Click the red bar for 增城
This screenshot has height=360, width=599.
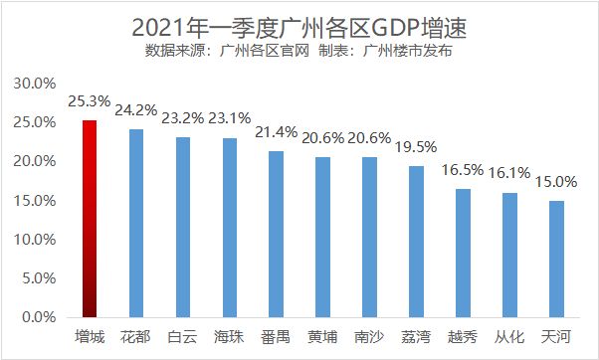tap(89, 219)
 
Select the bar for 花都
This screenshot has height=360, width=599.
tap(135, 224)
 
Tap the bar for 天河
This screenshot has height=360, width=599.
tap(557, 260)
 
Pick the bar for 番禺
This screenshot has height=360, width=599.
tap(276, 235)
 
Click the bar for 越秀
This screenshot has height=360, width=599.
tap(463, 254)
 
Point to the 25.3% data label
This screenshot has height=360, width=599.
tap(89, 101)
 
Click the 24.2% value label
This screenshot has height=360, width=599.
tap(136, 109)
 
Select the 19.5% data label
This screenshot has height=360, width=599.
tap(417, 146)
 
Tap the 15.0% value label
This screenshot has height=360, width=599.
tap(557, 182)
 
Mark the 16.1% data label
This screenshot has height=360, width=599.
tap(510, 173)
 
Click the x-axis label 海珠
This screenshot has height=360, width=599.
tap(229, 337)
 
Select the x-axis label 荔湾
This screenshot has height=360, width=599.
tap(416, 337)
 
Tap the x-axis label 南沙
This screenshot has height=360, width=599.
tap(369, 337)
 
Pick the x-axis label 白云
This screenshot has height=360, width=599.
tap(182, 337)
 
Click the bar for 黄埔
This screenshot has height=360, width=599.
tap(322, 238)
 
